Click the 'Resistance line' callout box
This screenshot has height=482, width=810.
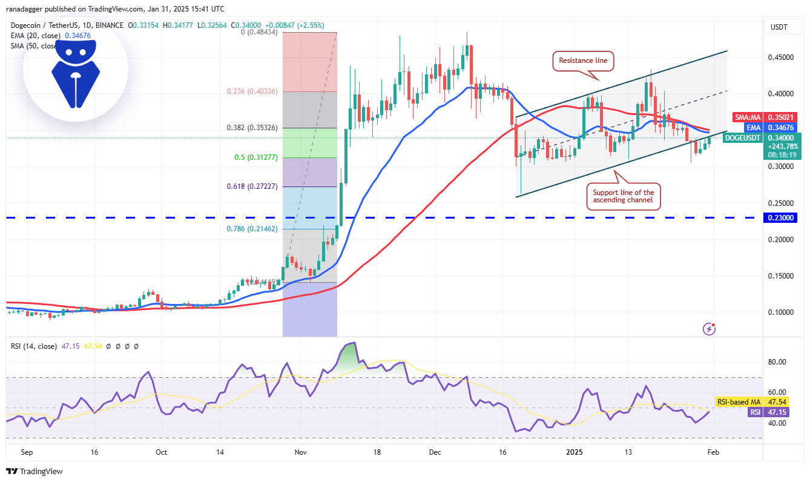583,61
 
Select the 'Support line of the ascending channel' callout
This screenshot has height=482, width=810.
623,197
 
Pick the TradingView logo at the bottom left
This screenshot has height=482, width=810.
35,471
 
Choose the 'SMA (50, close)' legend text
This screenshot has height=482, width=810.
34,45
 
